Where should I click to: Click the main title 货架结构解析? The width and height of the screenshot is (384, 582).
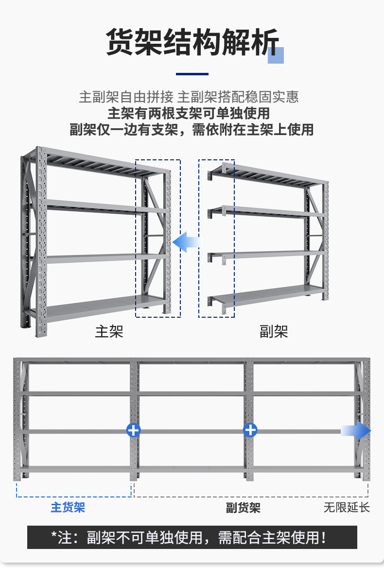coord(192,43)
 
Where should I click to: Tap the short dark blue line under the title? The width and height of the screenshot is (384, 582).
coord(192,74)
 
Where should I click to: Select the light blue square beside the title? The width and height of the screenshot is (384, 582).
coord(276,55)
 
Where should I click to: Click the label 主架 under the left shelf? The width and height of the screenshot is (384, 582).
coord(109,331)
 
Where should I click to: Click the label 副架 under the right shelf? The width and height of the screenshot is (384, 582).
coord(274,331)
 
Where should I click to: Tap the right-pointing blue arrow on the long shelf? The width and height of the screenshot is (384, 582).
coord(356,431)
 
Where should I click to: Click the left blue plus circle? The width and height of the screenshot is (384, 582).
coord(133,430)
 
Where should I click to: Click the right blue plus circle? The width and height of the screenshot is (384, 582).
coord(250,430)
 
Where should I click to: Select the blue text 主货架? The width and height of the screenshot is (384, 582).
coord(68,507)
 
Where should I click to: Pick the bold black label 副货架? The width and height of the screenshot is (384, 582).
coord(243,508)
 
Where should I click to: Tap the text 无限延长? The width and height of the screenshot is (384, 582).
coord(347,508)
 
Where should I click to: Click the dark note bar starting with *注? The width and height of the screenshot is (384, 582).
coord(192,537)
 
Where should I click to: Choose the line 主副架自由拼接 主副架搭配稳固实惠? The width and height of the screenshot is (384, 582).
coord(189,97)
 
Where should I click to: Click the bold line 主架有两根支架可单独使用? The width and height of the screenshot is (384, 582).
coord(189,113)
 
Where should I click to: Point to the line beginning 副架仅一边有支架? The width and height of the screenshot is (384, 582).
coord(192,130)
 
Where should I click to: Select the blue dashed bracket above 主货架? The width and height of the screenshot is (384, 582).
coord(74,490)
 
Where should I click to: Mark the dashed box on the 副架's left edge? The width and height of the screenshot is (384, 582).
coord(216,238)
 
